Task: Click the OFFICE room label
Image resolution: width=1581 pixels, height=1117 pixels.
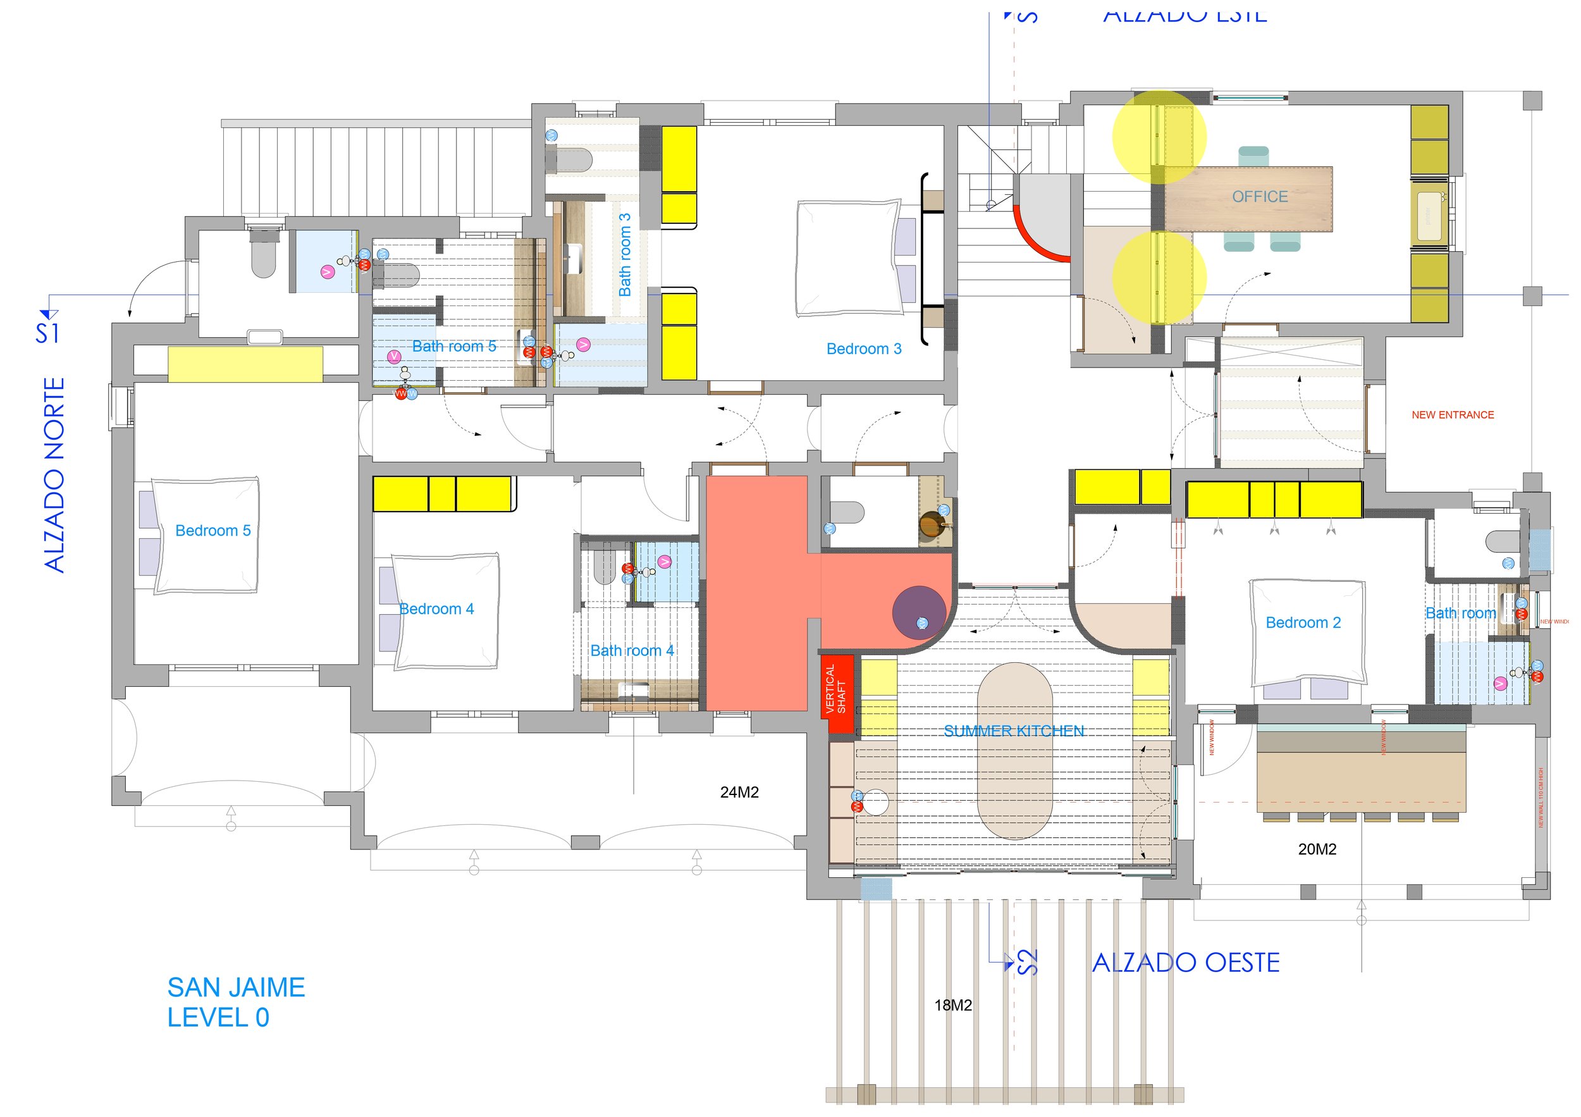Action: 1260,197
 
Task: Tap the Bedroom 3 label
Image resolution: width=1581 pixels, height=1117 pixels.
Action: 863,349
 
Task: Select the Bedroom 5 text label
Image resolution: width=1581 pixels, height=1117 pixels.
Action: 212,531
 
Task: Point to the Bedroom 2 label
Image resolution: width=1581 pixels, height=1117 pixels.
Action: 1303,623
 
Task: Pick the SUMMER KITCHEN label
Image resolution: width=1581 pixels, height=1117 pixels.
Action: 1014,731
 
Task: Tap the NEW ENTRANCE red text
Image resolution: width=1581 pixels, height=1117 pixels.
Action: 1452,416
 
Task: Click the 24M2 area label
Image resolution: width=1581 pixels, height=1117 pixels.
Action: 739,793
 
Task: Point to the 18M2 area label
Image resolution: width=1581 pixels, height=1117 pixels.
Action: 953,1006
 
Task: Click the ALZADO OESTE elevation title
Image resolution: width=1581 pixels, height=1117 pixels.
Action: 1186,963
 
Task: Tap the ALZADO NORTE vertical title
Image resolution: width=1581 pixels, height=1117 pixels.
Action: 54,475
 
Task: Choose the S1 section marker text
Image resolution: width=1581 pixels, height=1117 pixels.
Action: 47,333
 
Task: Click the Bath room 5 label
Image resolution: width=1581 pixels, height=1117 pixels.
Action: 454,347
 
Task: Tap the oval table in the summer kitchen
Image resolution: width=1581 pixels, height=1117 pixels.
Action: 1014,751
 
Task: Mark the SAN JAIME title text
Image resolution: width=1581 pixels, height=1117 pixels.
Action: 235,988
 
